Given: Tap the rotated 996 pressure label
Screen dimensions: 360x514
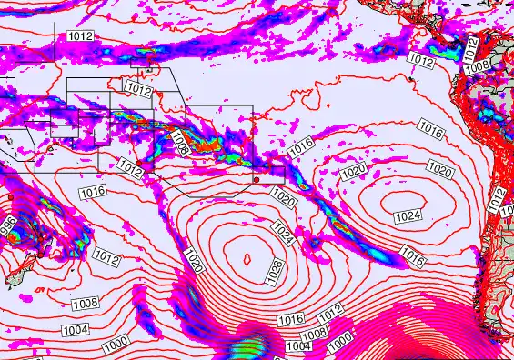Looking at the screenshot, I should coord(9,228).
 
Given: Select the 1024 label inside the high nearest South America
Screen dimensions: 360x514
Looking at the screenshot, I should coord(408,215).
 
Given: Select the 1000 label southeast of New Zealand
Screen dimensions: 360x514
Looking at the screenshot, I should coord(116,344).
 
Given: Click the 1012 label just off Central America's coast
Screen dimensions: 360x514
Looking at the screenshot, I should coord(420,60).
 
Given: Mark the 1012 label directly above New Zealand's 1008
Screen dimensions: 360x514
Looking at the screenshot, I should coord(106,259).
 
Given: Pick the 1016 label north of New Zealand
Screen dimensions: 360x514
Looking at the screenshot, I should coord(93,191).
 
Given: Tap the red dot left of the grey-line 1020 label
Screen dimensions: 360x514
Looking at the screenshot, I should coord(257,181).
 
